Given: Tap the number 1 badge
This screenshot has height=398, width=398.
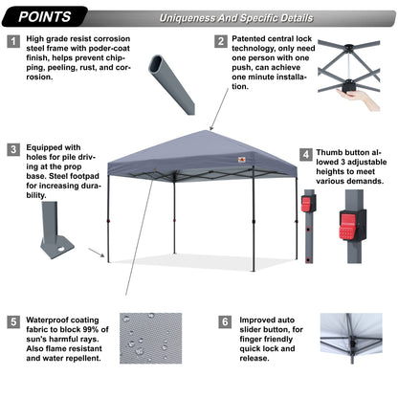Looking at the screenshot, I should [13, 42].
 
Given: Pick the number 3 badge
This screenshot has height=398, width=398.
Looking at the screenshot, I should [13, 149].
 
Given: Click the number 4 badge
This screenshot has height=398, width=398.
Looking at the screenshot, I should [306, 153].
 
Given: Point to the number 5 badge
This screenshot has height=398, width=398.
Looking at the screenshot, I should [13, 322].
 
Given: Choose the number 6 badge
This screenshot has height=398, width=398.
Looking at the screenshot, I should [224, 322].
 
